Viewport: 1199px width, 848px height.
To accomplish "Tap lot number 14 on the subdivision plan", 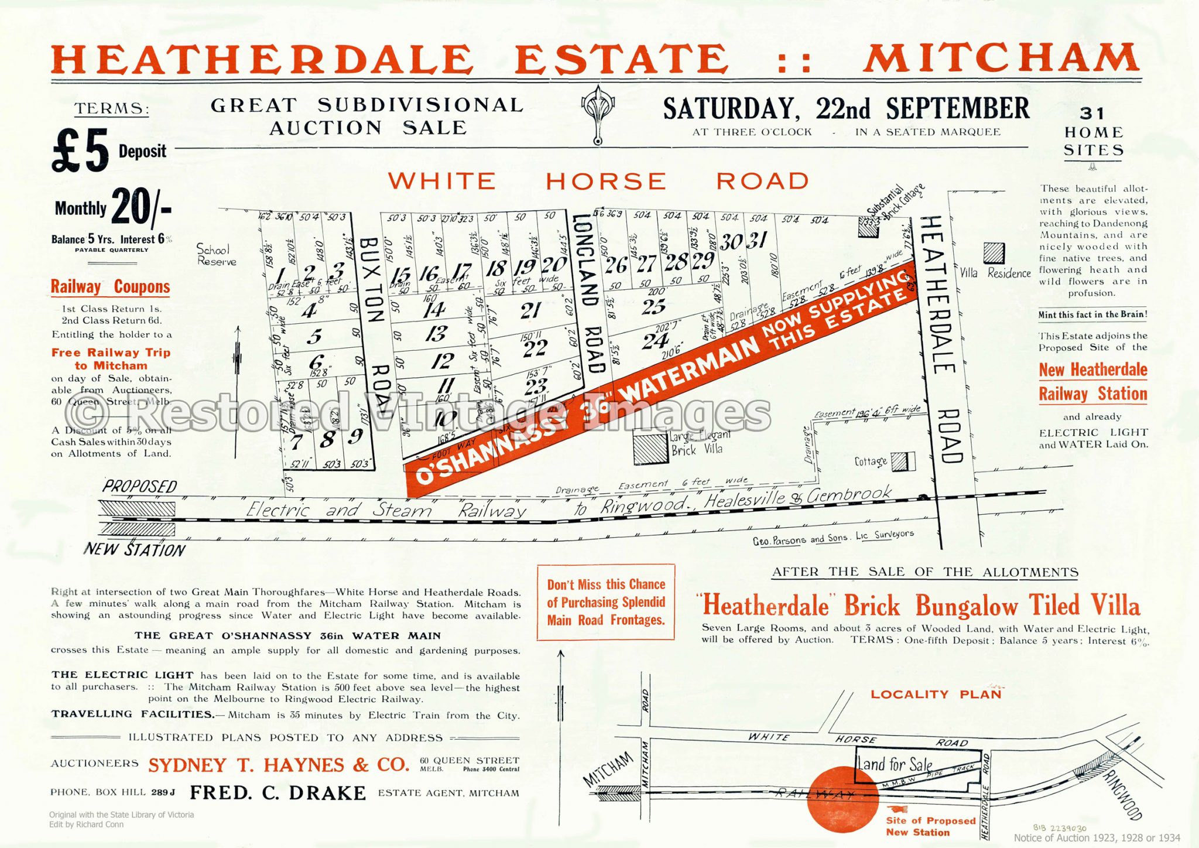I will click(434, 309).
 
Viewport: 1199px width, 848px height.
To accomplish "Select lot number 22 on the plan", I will click(535, 348).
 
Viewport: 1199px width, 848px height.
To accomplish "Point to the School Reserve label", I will click(217, 255).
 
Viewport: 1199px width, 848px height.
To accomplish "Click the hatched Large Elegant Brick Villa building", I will click(650, 447).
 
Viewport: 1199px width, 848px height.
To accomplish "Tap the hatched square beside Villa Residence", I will click(994, 253).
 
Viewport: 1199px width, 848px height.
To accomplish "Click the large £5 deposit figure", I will click(81, 151).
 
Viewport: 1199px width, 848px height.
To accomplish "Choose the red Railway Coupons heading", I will click(110, 287).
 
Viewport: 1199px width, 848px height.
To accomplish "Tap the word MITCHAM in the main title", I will click(1001, 59).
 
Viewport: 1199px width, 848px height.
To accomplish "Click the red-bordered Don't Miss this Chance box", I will click(605, 602).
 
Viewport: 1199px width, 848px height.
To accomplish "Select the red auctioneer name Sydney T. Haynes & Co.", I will click(279, 765).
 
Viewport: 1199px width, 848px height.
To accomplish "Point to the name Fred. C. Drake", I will click(278, 793).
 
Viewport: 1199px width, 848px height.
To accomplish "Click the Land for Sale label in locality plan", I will click(894, 764).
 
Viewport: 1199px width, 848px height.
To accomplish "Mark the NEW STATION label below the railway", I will click(134, 550).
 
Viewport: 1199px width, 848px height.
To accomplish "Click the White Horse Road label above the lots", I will click(598, 181).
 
